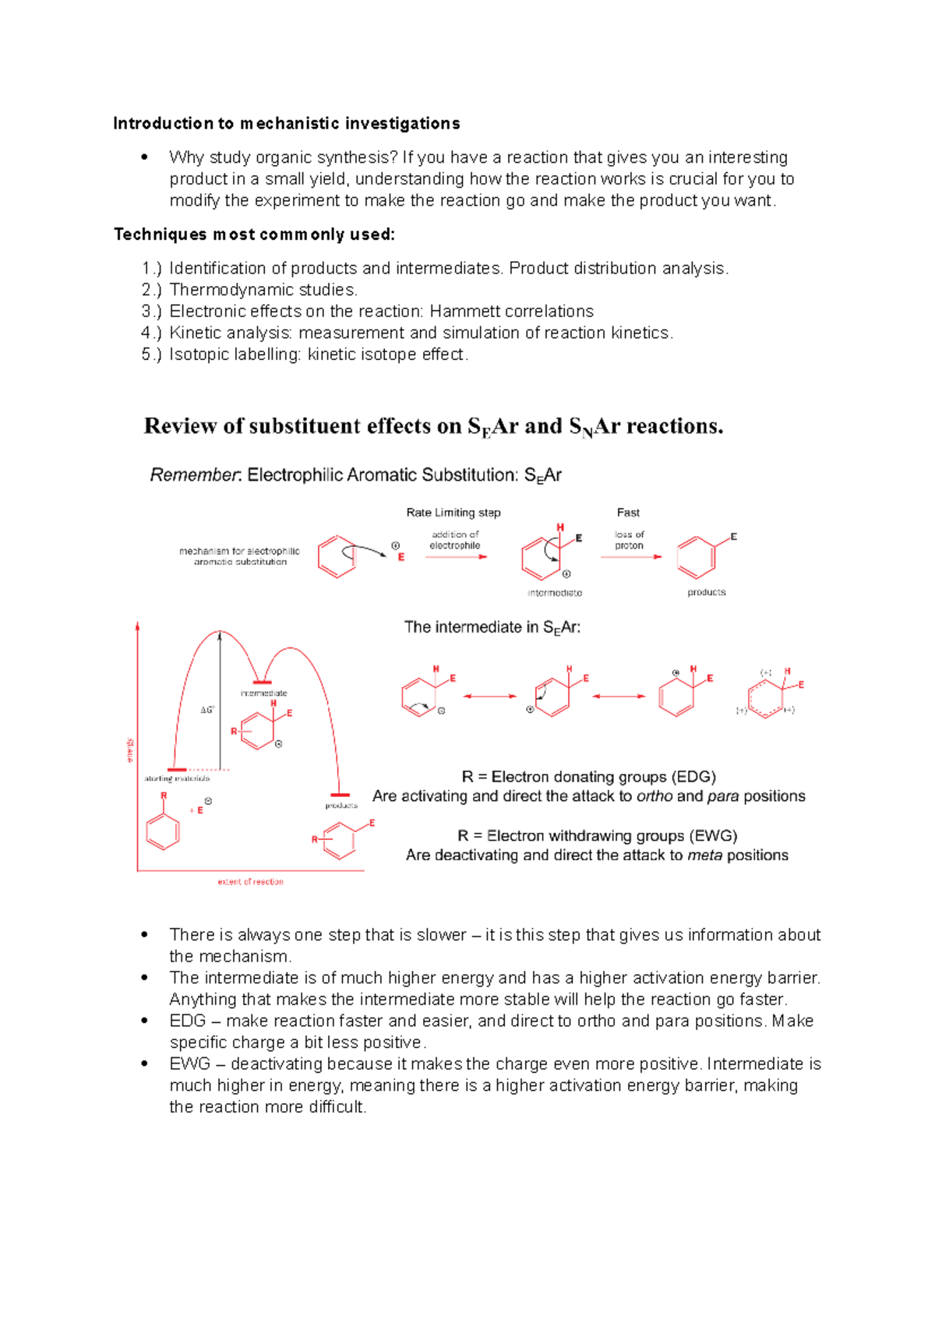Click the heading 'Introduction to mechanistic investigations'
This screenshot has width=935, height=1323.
[x=286, y=123]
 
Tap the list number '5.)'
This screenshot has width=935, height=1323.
[x=151, y=355]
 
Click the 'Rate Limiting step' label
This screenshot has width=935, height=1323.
[x=453, y=513]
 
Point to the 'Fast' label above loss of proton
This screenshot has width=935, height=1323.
[x=628, y=513]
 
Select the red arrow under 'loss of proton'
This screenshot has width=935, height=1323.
[x=630, y=557]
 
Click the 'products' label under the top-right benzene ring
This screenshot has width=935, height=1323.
[x=707, y=592]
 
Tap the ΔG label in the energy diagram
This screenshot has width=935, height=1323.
[x=207, y=710]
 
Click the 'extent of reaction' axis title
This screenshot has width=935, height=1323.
[x=250, y=882]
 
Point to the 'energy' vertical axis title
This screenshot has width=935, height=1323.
[x=130, y=750]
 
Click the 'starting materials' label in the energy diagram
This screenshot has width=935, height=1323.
[x=177, y=778]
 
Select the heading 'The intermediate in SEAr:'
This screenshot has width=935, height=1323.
[x=492, y=627]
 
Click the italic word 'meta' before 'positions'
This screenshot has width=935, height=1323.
[x=704, y=856]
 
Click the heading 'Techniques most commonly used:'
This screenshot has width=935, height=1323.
[x=254, y=235]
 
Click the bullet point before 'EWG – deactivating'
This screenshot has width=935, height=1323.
[x=144, y=1064]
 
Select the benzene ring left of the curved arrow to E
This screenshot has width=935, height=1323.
[x=337, y=556]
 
